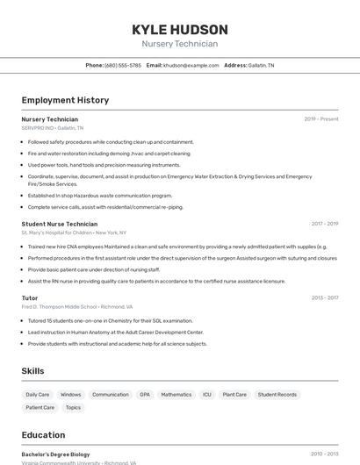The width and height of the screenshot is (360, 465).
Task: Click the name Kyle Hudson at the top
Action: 179,29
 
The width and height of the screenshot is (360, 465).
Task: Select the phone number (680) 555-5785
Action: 122,66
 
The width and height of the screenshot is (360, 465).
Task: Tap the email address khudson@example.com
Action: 191,66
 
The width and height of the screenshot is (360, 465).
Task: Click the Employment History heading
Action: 65,100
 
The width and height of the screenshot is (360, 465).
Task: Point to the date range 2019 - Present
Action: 320,119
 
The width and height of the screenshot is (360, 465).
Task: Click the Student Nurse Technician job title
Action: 60,224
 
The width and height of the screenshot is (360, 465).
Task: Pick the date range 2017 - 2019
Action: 324,224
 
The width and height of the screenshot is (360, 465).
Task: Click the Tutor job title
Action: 30,298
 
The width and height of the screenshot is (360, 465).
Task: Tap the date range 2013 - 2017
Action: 324,298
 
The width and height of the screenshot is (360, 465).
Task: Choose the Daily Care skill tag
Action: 38,395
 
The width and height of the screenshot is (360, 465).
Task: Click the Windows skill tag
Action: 71,395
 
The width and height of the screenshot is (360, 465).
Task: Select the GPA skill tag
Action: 145,395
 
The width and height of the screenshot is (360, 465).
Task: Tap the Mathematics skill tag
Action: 176,395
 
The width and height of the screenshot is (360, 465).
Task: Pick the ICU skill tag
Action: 207,395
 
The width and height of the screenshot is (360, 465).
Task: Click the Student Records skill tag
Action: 277,395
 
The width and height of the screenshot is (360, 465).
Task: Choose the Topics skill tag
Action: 73,408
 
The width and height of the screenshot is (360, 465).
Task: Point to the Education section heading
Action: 43,435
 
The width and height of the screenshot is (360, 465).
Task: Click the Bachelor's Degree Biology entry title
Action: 56,454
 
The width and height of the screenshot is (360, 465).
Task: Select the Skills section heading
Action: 32,371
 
